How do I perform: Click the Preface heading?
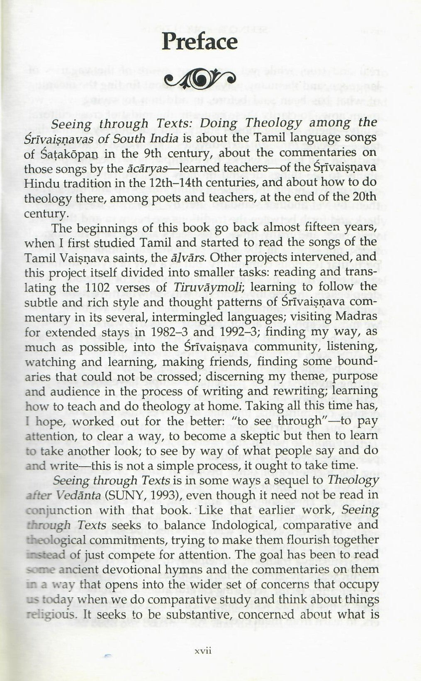(200, 42)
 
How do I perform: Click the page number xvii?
(204, 650)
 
